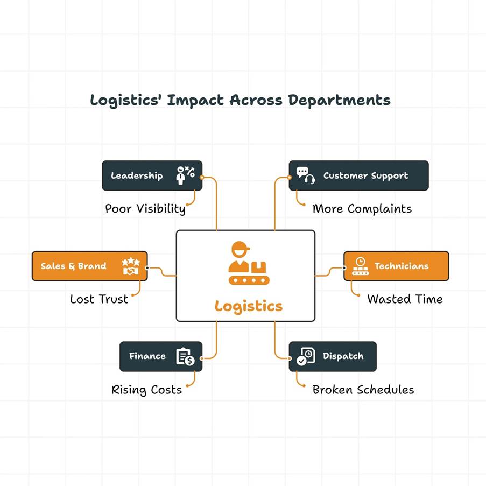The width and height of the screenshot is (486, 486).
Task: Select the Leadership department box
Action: click(152, 175)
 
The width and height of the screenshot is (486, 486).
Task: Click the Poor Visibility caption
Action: click(145, 209)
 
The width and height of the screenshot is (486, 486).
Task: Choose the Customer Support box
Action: click(358, 175)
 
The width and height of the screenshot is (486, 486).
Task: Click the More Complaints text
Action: click(362, 209)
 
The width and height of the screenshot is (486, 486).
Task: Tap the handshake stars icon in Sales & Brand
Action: click(131, 266)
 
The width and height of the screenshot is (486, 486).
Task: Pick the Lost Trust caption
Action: click(99, 299)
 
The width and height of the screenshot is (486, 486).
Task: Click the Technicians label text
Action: click(402, 266)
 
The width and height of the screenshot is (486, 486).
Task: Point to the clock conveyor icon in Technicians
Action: click(360, 266)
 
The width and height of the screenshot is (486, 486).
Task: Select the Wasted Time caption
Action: click(405, 299)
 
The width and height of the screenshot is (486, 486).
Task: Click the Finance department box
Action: click(161, 356)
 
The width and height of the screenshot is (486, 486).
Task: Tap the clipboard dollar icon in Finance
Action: click(185, 356)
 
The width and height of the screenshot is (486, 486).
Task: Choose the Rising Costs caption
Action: click(146, 390)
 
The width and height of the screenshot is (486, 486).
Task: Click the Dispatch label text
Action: click(343, 356)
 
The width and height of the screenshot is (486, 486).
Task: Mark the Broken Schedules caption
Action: click(363, 390)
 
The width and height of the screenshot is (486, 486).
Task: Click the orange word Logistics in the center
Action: click(248, 306)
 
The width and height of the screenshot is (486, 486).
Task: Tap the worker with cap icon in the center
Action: click(241, 258)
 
